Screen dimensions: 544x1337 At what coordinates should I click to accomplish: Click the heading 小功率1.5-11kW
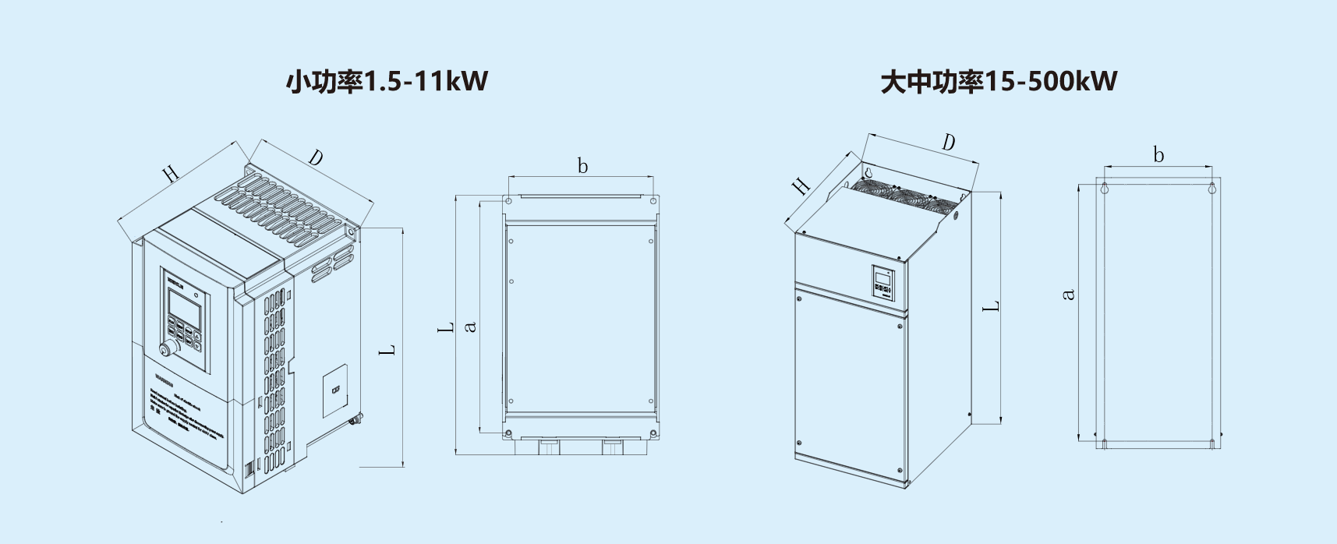click(x=387, y=81)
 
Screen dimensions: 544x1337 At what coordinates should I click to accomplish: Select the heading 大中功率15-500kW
click(x=999, y=81)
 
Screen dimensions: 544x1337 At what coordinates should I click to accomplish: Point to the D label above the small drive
click(x=315, y=158)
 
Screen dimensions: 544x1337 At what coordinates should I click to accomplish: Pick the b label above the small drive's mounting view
click(x=582, y=166)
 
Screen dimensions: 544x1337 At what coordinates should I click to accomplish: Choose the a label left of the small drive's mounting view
click(x=470, y=327)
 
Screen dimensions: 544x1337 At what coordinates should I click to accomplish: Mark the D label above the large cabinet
click(x=948, y=143)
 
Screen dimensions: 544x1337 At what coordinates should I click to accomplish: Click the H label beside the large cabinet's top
click(x=801, y=186)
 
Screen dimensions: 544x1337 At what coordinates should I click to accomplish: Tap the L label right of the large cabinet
click(x=991, y=307)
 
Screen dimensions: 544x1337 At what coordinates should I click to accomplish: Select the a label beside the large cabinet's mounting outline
click(x=1069, y=295)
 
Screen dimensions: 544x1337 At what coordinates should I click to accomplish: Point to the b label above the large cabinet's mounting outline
click(x=1158, y=155)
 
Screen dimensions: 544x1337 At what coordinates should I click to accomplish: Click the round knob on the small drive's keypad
click(x=167, y=348)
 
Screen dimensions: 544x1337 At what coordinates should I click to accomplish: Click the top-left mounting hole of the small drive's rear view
click(x=509, y=201)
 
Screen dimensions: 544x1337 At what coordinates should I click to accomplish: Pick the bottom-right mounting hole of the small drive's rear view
click(x=653, y=433)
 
